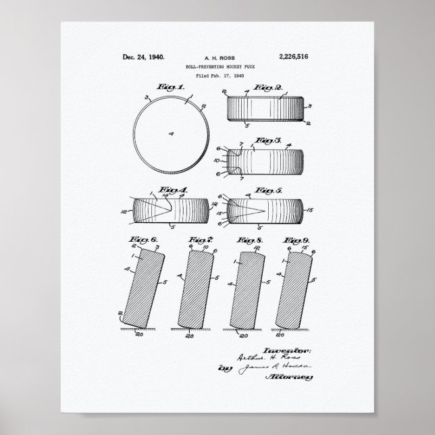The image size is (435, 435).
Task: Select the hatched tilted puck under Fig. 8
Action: tap(245, 290)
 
